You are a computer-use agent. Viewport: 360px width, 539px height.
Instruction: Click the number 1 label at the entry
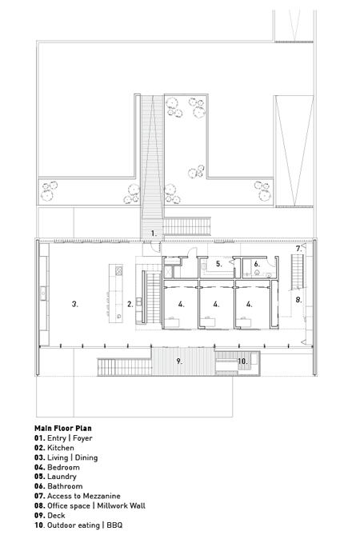(154, 234)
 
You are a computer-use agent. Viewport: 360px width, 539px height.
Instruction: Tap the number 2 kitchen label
(130, 304)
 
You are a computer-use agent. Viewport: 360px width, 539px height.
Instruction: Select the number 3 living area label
(75, 304)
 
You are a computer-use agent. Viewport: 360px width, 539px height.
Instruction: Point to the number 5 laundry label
(219, 264)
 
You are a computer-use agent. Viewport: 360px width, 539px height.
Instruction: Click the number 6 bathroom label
(257, 264)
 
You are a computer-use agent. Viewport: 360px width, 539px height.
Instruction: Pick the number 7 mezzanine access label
(298, 249)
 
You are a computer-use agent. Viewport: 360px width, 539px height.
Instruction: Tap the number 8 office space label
(298, 300)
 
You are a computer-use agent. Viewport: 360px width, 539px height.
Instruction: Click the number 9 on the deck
(179, 361)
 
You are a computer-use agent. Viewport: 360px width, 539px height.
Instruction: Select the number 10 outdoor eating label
(242, 361)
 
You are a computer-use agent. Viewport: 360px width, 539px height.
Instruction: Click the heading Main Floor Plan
(63, 429)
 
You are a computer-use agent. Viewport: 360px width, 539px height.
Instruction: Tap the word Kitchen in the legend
(61, 448)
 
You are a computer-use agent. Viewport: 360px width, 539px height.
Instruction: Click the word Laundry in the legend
(62, 477)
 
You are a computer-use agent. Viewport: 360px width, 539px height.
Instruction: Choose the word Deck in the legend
(56, 515)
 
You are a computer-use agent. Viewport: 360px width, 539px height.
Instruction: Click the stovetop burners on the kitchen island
(118, 270)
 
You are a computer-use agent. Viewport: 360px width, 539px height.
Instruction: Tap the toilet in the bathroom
(257, 272)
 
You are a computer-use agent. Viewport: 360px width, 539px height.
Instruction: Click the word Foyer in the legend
(82, 438)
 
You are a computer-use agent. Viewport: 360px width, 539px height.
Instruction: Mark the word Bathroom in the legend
(65, 486)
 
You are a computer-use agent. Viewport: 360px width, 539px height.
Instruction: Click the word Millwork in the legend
(112, 505)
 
